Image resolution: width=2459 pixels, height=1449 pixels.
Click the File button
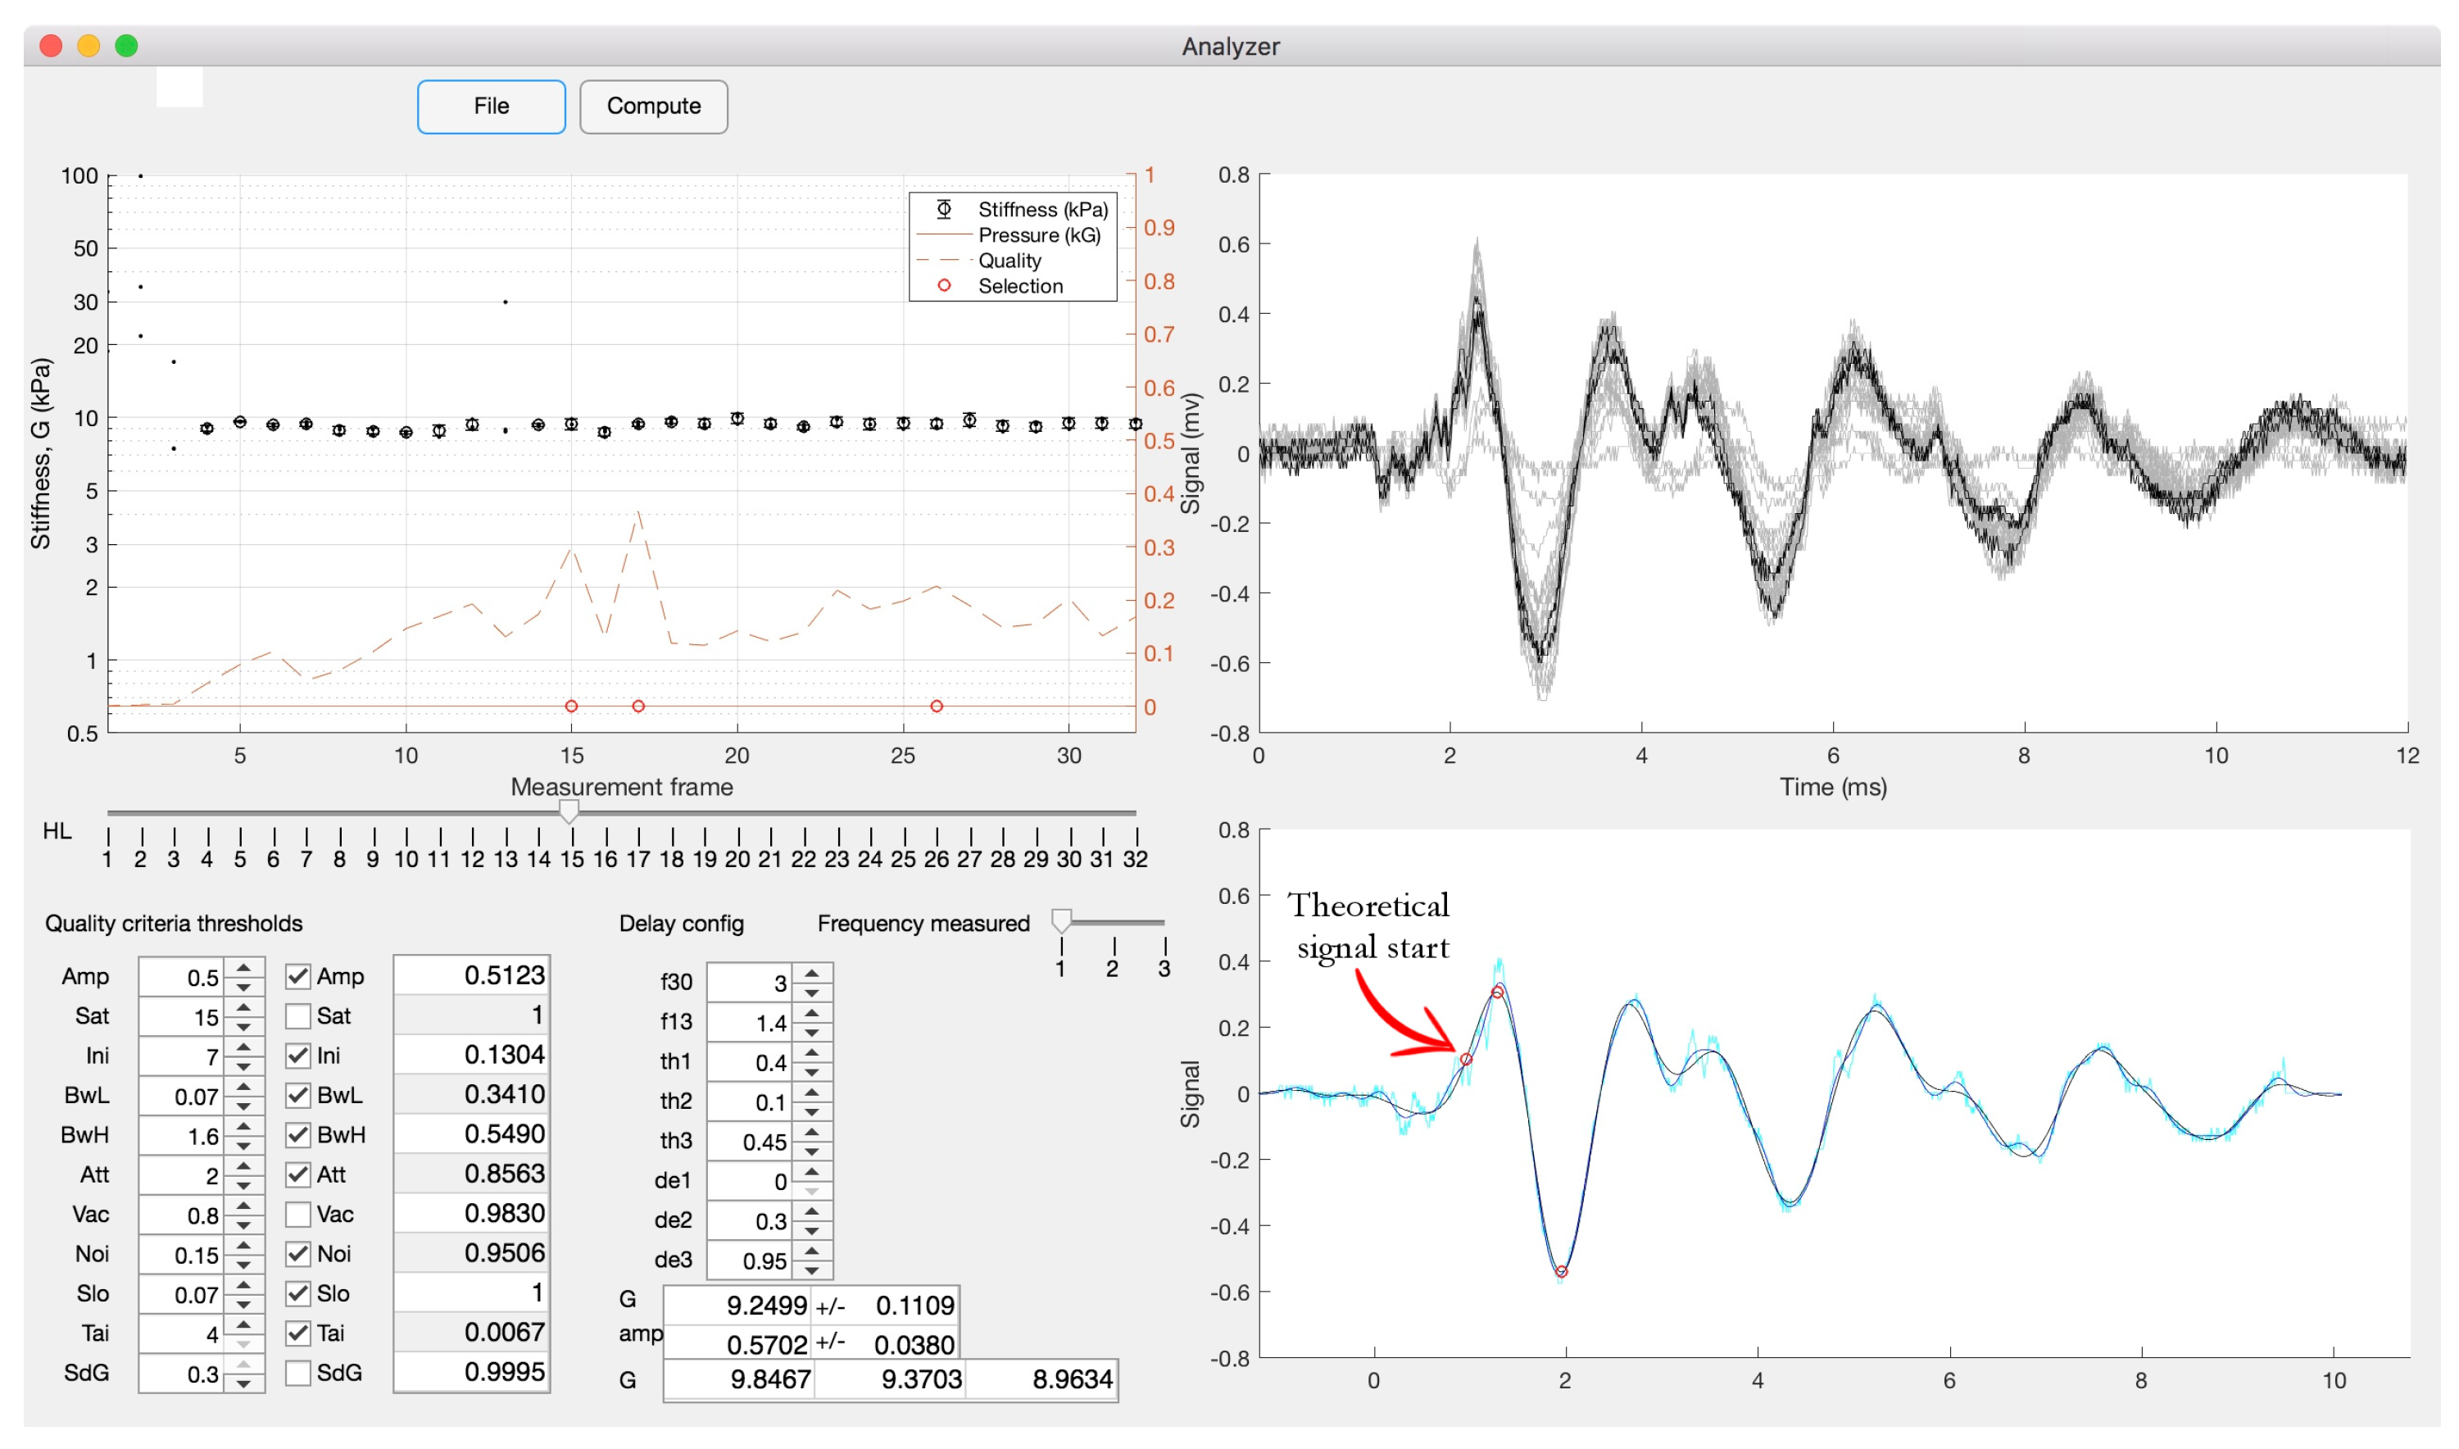(491, 107)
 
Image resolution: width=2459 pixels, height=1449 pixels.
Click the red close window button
(51, 46)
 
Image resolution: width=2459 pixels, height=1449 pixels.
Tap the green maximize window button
(126, 46)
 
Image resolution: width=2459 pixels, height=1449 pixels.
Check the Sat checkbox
(297, 1016)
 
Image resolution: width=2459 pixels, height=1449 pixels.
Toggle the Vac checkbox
(297, 1215)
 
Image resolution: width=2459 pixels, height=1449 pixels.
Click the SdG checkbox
(297, 1373)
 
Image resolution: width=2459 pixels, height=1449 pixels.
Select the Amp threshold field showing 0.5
(182, 978)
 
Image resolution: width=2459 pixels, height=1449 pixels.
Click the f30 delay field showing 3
(750, 983)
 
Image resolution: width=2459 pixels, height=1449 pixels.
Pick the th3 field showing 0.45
(750, 1142)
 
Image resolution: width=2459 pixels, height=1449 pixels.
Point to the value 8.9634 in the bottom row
(1072, 1379)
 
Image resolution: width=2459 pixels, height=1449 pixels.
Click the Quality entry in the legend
(1009, 261)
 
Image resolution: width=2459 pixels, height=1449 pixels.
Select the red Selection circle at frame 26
(937, 706)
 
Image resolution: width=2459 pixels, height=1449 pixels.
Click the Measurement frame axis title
(622, 787)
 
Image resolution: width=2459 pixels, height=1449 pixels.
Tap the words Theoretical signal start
(1369, 925)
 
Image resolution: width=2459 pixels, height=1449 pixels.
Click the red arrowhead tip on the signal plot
(1455, 1047)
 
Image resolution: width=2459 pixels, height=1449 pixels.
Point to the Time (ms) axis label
(1832, 787)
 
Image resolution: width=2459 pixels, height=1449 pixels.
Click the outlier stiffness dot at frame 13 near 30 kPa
(505, 302)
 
